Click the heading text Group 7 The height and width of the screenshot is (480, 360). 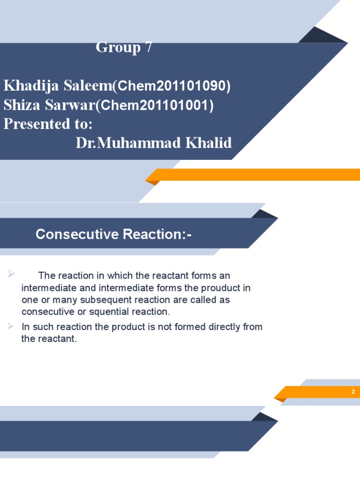click(x=124, y=47)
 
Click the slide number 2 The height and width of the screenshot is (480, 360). click(x=353, y=392)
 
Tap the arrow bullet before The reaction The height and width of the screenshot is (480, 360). click(x=11, y=274)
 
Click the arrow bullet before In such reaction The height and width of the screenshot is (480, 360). click(x=11, y=326)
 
